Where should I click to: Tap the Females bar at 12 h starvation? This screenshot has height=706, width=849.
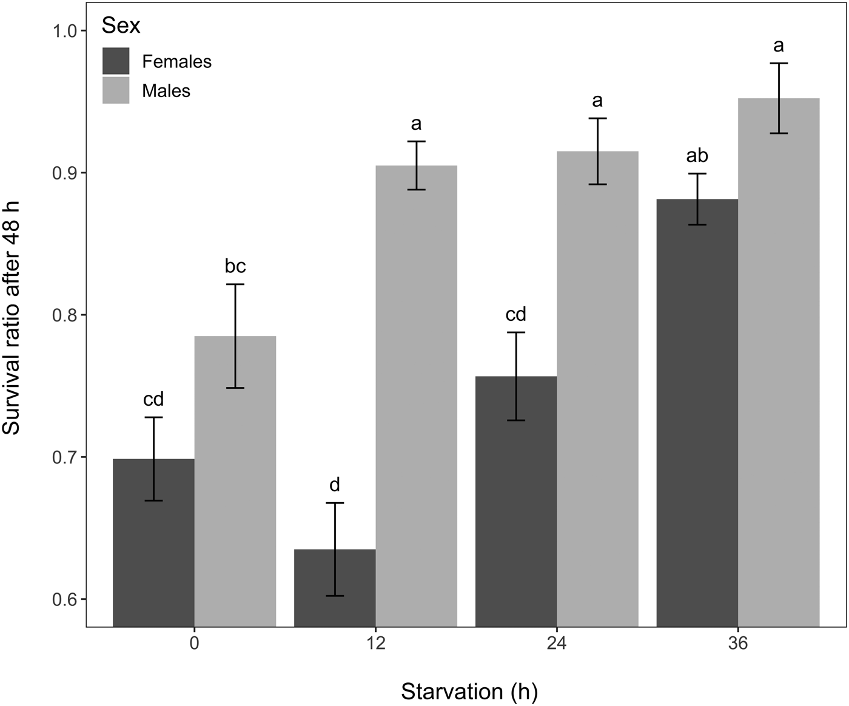(x=335, y=588)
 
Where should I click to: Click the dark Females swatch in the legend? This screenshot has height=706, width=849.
(x=116, y=61)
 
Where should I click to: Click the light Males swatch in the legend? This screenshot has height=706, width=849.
(x=116, y=90)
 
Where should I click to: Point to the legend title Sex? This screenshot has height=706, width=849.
(x=121, y=26)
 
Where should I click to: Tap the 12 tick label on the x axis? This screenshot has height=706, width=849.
(x=375, y=644)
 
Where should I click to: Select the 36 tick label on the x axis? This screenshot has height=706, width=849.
(x=738, y=644)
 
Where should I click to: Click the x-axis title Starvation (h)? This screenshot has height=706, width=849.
(x=469, y=691)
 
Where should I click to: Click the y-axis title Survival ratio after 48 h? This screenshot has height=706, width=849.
(x=12, y=328)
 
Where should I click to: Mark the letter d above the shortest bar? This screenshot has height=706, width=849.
(x=335, y=485)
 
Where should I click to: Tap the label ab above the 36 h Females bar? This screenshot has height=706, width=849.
(x=697, y=156)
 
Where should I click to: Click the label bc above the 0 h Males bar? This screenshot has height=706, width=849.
(x=235, y=266)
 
